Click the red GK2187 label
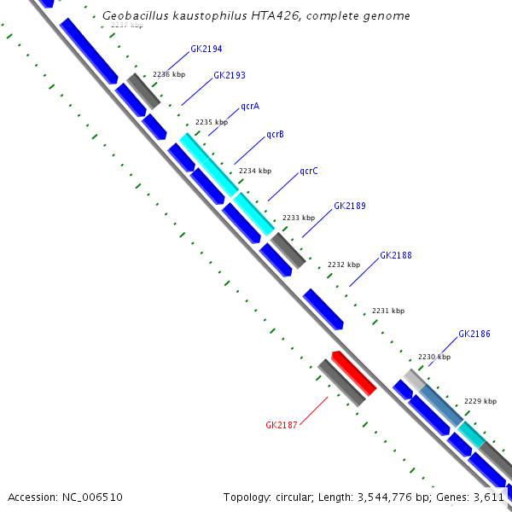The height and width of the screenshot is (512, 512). coord(281,424)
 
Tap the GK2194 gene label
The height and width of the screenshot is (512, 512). coord(206,49)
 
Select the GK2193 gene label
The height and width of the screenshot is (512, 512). coord(229,75)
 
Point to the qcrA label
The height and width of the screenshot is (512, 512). coord(249,106)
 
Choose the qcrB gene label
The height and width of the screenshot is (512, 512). coord(275,134)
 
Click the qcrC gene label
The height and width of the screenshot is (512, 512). coord(308,171)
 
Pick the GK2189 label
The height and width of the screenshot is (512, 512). coord(349,206)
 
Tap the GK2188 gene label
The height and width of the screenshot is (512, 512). coord(395,255)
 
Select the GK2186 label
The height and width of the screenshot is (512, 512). coord(474,334)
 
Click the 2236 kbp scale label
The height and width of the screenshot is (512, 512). coord(169,74)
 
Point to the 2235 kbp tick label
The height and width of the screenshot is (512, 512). coord(212,122)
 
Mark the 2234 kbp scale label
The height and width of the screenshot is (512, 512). coord(254,171)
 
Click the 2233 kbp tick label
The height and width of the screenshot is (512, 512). coord(299,218)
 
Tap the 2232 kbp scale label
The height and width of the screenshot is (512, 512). coord(343,265)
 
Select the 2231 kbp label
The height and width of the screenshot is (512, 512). coord(388,311)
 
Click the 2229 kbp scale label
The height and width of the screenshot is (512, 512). coord(480,400)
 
